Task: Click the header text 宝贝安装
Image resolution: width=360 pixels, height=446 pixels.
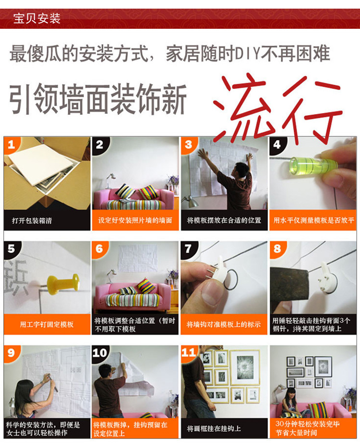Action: [x=36, y=19]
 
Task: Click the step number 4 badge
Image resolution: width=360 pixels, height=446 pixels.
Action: [x=276, y=145]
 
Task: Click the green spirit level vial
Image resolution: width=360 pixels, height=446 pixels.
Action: [x=313, y=165]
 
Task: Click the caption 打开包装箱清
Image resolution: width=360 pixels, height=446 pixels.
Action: [x=32, y=221]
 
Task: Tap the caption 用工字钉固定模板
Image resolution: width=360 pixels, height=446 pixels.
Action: [x=47, y=324]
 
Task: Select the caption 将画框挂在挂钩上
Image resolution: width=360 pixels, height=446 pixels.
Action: [x=214, y=429]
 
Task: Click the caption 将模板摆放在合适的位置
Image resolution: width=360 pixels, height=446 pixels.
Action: [x=224, y=220]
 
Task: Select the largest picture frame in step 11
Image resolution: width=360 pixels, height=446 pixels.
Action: [x=245, y=367]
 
